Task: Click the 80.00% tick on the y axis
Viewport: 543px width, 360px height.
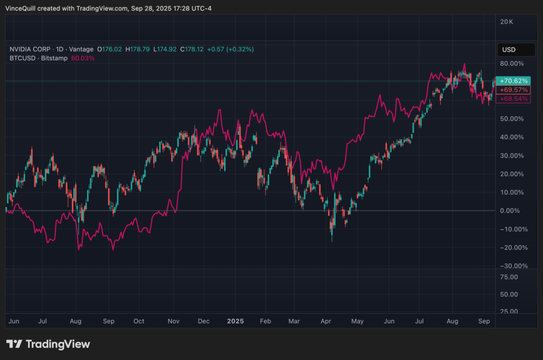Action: click(x=512, y=63)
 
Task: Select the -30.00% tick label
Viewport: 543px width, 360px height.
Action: click(x=512, y=266)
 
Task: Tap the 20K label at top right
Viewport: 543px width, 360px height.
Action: click(x=507, y=22)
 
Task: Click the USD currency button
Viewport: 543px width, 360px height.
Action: click(x=509, y=50)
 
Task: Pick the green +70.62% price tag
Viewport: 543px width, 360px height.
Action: click(x=514, y=81)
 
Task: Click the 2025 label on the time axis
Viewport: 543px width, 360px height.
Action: click(x=235, y=321)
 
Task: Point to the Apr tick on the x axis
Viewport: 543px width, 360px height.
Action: click(x=326, y=321)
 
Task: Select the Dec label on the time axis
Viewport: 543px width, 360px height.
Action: click(x=204, y=321)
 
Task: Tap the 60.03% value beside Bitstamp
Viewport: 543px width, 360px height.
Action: click(x=83, y=58)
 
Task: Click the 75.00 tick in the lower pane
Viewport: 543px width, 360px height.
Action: click(x=509, y=277)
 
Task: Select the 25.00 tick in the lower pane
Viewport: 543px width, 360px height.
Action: click(x=509, y=311)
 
